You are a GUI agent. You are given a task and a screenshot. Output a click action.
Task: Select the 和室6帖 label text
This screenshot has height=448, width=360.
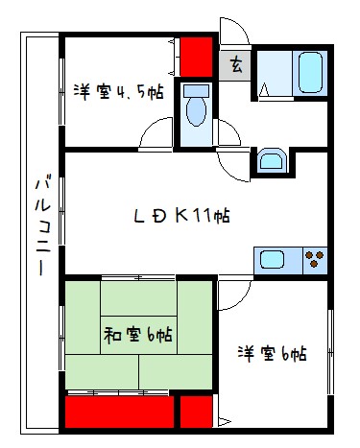[x=138, y=335]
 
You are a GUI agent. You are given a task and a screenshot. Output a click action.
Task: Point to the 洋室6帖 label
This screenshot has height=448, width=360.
[x=273, y=353]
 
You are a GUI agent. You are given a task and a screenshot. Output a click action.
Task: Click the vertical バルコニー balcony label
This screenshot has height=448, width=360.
[x=42, y=225]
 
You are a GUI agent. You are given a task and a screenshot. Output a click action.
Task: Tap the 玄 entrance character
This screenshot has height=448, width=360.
[x=234, y=66]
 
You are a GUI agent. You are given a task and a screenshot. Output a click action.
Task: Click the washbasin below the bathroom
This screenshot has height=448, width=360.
[x=270, y=161]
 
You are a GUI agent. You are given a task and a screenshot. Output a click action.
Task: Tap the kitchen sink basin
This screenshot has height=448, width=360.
[x=271, y=259]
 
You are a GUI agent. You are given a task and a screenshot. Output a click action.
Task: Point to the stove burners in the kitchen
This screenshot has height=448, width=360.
[x=313, y=259]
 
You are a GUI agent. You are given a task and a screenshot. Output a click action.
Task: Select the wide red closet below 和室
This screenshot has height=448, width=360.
[x=119, y=413]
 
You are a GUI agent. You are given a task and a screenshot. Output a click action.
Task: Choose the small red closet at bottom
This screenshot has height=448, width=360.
[x=196, y=413]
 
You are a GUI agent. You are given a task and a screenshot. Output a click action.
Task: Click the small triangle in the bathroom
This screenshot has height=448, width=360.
[x=265, y=92]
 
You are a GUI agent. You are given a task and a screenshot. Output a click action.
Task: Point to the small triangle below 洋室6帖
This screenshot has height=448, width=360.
[x=224, y=421]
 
